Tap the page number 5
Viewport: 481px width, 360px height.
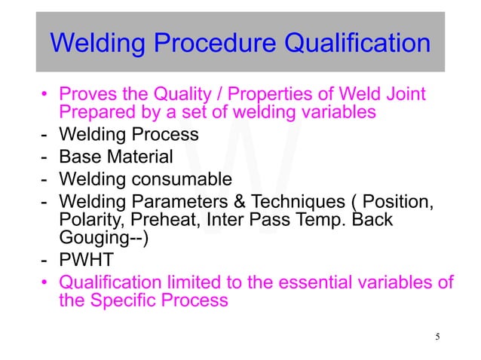coord(437,335)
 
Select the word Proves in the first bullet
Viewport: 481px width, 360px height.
coord(86,95)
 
